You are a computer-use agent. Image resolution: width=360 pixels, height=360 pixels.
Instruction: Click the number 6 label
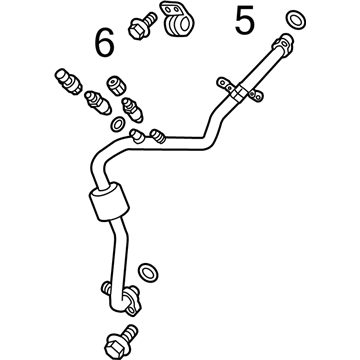coord(105,42)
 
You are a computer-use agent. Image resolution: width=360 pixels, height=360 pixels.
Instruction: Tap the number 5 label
coord(244,20)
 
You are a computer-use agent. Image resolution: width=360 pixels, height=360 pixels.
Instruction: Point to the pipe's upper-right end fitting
coord(284,42)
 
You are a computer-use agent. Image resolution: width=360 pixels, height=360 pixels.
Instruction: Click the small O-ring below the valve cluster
coord(119,125)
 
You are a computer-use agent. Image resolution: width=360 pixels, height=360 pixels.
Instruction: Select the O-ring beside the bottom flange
coord(147,270)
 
